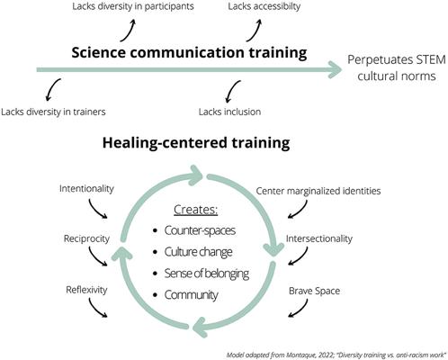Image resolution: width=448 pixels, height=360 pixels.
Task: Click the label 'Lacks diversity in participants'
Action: pos(133,6)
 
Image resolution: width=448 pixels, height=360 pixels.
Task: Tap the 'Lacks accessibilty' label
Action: pos(264,6)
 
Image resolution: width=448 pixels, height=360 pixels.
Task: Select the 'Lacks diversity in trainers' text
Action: pos(53,112)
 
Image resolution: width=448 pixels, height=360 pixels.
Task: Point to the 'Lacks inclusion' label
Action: pos(229,112)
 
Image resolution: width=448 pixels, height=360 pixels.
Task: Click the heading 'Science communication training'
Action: pos(189,52)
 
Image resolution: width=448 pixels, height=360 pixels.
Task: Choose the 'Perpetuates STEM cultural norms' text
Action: pos(397,67)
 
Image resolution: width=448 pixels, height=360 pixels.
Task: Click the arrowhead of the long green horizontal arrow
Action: pos(336,70)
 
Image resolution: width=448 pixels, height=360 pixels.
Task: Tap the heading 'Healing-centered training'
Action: pos(196,143)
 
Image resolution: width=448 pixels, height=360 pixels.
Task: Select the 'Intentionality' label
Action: pos(86,189)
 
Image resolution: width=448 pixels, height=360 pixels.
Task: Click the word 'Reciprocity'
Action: pos(86,238)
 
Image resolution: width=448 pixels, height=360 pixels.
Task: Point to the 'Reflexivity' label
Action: pos(86,290)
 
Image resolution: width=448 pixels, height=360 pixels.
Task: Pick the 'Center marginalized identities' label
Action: pos(318,191)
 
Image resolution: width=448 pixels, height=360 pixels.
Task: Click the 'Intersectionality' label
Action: pos(319,238)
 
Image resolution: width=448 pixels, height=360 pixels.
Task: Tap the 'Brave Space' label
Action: pos(314,291)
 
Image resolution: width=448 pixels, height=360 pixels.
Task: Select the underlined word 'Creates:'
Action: pos(195,210)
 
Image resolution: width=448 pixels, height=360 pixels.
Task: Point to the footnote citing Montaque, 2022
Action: pos(336,355)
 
